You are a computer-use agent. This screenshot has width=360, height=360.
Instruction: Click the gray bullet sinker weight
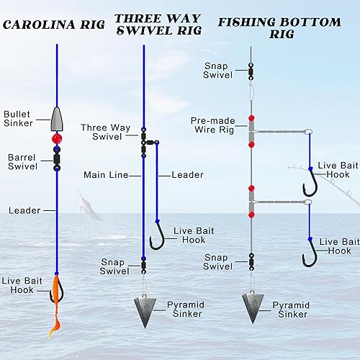pyautogui.click(x=56, y=116)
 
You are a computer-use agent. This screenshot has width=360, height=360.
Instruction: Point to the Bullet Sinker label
pyautogui.click(x=19, y=118)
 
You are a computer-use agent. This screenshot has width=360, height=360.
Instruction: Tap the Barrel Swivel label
pyautogui.click(x=22, y=161)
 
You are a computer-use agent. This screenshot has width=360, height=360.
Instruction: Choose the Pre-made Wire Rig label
pyautogui.click(x=210, y=125)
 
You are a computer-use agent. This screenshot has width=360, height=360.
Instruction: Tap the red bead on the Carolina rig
pyautogui.click(x=56, y=137)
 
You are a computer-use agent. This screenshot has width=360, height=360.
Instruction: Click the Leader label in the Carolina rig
pyautogui.click(x=24, y=210)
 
